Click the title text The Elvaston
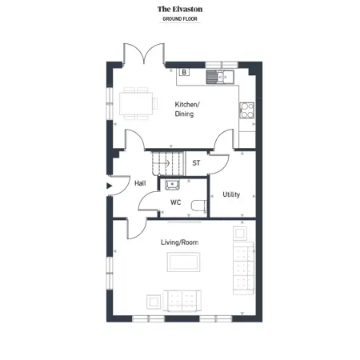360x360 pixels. pos(180,10)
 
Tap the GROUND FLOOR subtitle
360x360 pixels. pos(180,19)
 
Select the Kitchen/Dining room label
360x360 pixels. pos(187,109)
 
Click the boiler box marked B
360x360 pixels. pos(184,72)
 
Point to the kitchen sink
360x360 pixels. pos(220,77)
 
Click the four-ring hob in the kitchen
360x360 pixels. pos(247,110)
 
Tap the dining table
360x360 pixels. pos(136,103)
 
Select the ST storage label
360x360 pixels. pos(196,163)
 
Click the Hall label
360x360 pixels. pos(140,183)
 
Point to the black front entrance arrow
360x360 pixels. pos(109,186)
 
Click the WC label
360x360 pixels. pos(175,202)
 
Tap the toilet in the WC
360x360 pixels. pos(199,206)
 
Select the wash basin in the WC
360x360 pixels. pos(172,185)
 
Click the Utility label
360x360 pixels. pos(231,194)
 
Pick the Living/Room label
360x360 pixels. pos(179,242)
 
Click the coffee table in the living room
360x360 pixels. pos(183,262)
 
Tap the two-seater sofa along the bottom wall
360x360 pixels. pos(182,301)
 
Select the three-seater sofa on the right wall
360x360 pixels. pos(243,268)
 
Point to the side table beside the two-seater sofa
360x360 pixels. pos(154,302)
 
